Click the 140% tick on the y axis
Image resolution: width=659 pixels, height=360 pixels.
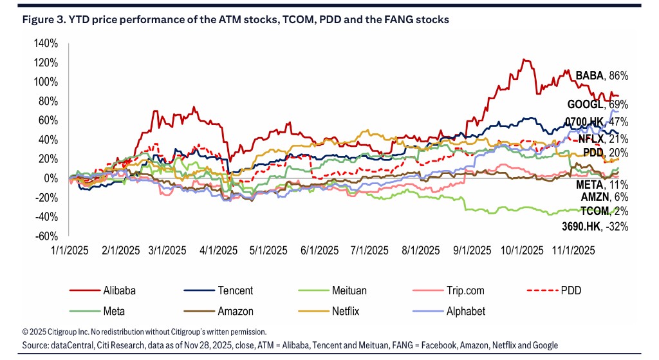click(x=46, y=44)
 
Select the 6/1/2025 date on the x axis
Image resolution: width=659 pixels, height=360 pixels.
click(x=319, y=250)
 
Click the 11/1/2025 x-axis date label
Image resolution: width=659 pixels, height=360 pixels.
click(x=574, y=250)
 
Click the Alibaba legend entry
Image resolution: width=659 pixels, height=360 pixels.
click(x=118, y=291)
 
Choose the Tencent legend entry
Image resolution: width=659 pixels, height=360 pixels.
click(x=236, y=291)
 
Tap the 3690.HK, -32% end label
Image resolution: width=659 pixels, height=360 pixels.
click(x=595, y=226)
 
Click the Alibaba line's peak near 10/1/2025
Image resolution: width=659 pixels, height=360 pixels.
click(x=526, y=60)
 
